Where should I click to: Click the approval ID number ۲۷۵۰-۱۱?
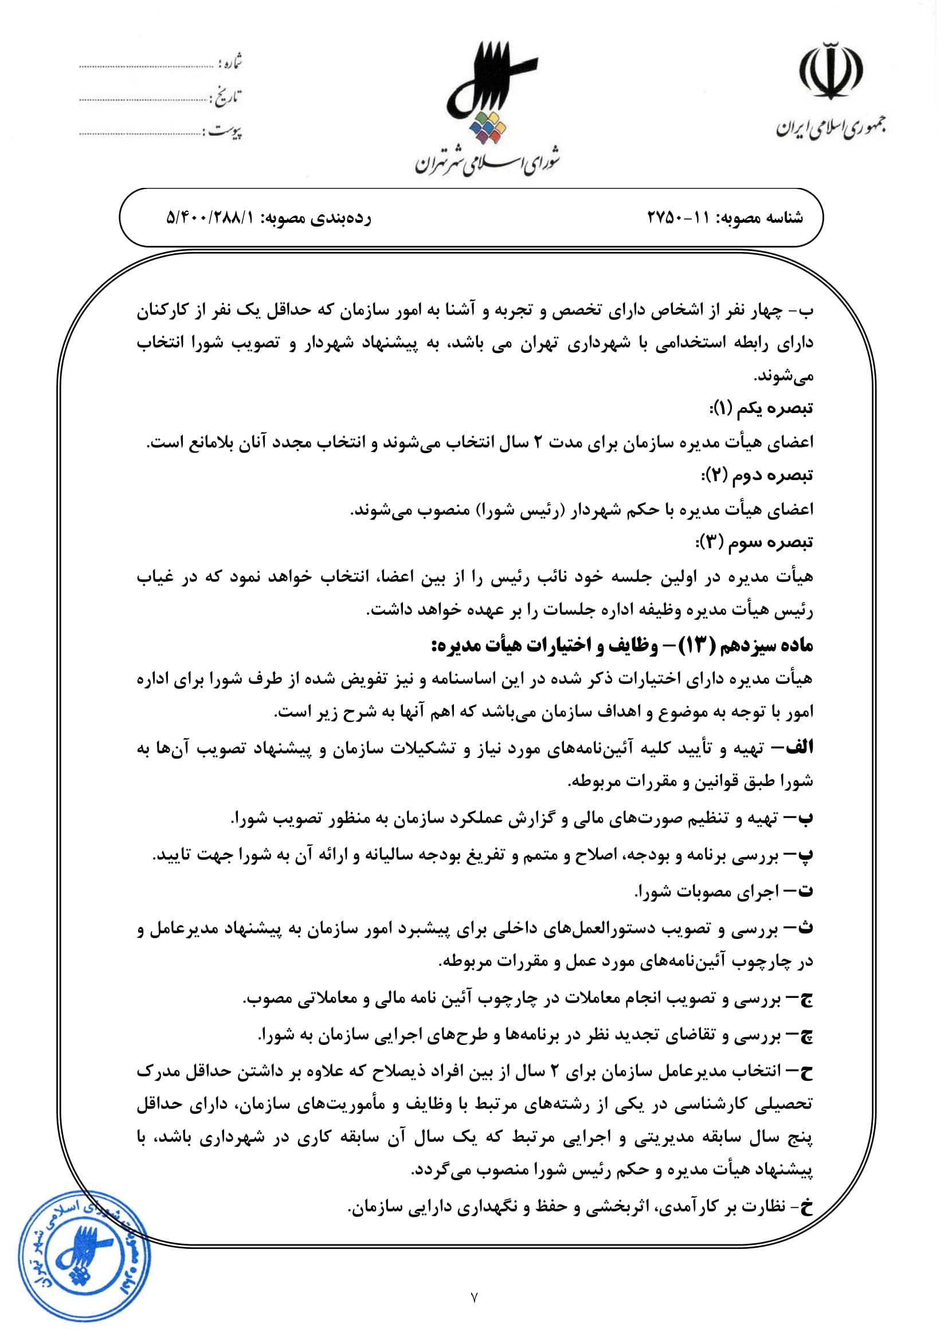(x=678, y=218)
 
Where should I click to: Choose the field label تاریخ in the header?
(x=228, y=97)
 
